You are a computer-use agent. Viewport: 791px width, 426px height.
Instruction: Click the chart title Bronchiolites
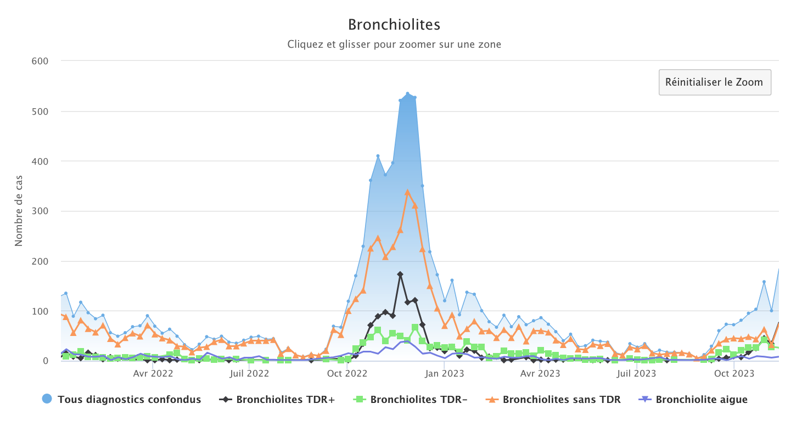394,25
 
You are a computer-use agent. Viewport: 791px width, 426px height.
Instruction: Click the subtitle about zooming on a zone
394,44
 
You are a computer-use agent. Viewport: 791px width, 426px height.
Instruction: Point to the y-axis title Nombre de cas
19,211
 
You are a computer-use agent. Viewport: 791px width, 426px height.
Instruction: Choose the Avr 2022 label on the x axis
153,374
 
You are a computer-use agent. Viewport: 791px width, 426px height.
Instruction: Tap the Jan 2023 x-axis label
445,374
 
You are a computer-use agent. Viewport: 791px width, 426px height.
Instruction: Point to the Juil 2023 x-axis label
636,374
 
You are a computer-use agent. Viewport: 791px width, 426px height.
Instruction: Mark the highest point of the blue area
407,93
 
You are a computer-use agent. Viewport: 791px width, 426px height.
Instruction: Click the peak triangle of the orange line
407,192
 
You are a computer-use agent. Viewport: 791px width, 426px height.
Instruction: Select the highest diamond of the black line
400,274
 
